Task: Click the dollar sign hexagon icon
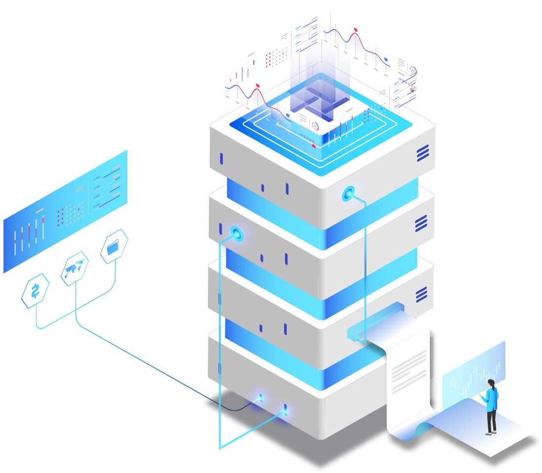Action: [35, 291]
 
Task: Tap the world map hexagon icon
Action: [75, 269]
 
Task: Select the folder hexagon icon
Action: [114, 246]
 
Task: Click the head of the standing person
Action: [491, 383]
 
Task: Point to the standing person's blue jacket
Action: [491, 399]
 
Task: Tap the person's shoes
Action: [490, 433]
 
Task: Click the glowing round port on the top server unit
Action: [349, 195]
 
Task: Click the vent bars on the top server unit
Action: [423, 153]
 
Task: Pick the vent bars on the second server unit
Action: [421, 224]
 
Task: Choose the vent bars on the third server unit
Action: [421, 295]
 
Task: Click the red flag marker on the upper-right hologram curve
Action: [355, 31]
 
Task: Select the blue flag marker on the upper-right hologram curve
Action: [386, 60]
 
